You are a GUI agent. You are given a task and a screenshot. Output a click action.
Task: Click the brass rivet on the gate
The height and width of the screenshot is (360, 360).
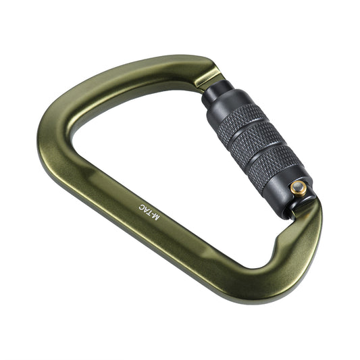(298, 188)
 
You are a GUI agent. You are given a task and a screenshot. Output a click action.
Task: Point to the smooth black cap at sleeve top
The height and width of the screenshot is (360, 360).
(215, 95)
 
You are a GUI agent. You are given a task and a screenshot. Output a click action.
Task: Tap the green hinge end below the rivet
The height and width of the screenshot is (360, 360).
(307, 223)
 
